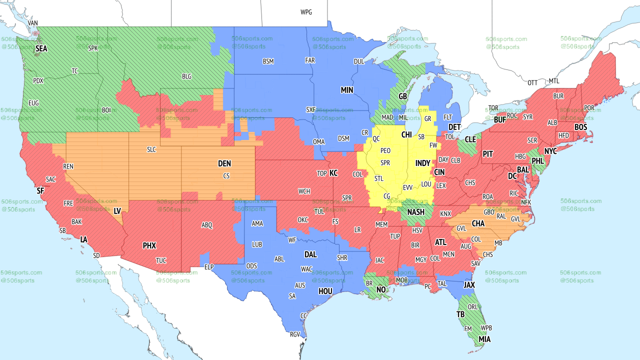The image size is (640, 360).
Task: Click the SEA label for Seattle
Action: [41, 48]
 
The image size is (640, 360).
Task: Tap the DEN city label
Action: [224, 163]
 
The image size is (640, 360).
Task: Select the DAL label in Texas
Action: [310, 254]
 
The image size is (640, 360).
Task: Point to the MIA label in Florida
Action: [484, 339]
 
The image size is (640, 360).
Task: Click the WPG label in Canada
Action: [306, 12]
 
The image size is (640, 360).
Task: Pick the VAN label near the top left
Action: [33, 23]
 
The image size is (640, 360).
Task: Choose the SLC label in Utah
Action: [151, 149]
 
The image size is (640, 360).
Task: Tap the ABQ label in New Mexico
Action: [207, 225]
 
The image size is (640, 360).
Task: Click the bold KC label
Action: [333, 173]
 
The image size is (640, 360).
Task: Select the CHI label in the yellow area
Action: [406, 135]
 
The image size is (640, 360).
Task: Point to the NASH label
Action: [415, 212]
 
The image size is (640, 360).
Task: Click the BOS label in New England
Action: [580, 127]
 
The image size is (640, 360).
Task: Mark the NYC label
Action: [550, 151]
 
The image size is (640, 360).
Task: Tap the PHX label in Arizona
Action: [149, 245]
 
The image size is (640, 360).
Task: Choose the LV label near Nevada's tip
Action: [117, 211]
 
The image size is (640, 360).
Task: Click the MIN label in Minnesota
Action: [347, 90]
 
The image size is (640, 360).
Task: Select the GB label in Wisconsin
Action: [402, 96]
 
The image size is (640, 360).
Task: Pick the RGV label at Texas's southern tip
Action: [295, 334]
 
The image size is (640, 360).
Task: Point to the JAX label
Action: [469, 284]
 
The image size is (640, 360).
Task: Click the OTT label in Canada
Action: [533, 82]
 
